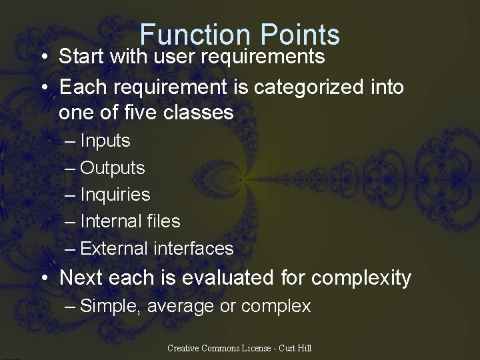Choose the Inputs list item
(x=105, y=141)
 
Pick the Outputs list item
(x=112, y=168)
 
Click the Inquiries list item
(x=115, y=195)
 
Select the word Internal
(x=111, y=221)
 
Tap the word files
(x=163, y=221)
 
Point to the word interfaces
(x=193, y=249)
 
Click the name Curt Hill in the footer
(x=295, y=348)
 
